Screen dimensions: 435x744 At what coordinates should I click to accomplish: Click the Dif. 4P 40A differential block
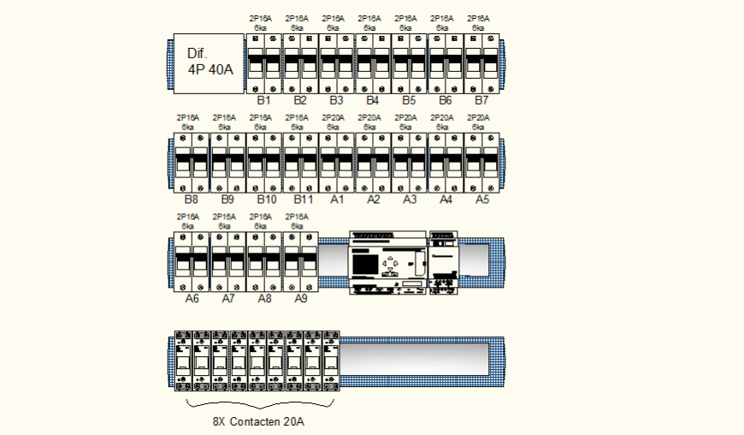(210, 63)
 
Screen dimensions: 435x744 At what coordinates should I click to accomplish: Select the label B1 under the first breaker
(263, 101)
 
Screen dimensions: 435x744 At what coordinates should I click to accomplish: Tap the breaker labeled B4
(373, 63)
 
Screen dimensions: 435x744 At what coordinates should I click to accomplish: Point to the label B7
(481, 101)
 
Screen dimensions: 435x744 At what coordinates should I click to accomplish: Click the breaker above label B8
(192, 162)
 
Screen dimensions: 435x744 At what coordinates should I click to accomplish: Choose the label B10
(264, 200)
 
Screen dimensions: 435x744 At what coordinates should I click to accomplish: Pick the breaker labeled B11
(300, 162)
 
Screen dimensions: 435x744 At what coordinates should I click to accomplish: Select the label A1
(337, 200)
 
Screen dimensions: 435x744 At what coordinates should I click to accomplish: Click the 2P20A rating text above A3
(409, 117)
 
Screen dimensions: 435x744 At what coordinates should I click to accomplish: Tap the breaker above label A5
(481, 162)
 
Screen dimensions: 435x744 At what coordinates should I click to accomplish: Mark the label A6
(192, 299)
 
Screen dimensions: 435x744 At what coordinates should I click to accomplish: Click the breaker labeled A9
(300, 261)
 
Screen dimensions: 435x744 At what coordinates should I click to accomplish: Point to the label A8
(264, 299)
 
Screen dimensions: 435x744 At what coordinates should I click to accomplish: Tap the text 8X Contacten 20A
(259, 421)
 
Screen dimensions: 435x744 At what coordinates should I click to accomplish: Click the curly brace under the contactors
(259, 403)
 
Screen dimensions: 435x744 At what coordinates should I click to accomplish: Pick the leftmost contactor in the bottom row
(183, 361)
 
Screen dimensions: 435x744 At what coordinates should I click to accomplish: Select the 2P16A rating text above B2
(297, 18)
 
